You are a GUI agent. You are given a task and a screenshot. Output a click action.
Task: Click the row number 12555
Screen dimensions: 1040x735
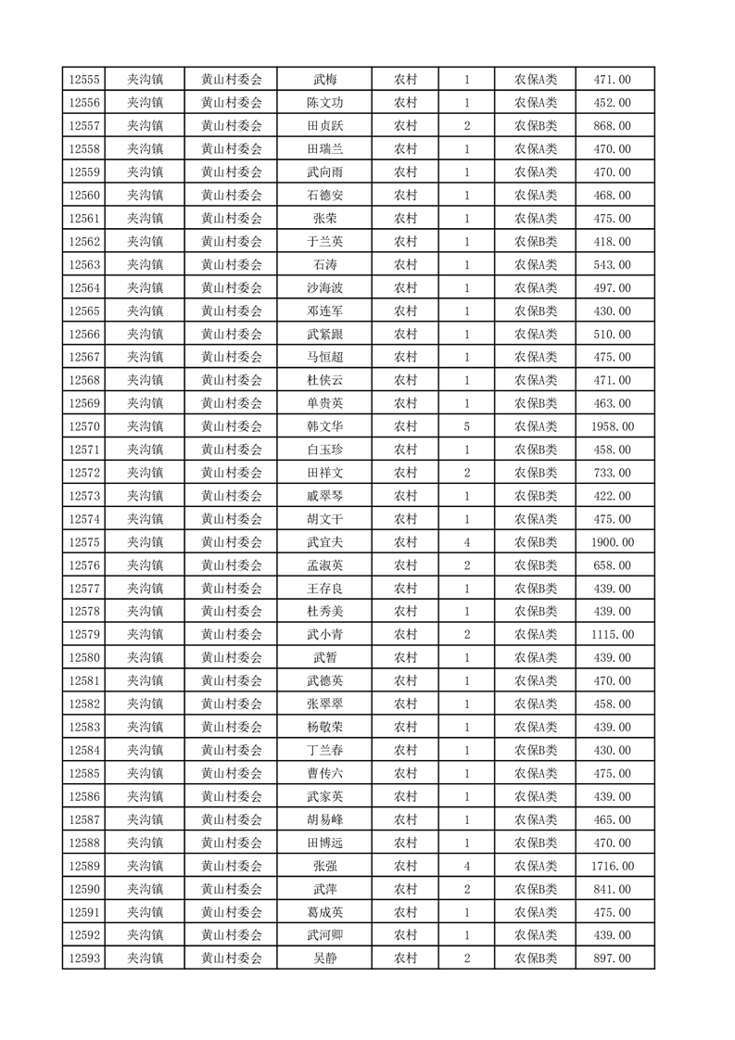point(83,80)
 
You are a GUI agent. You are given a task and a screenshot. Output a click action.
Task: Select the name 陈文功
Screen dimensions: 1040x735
point(324,103)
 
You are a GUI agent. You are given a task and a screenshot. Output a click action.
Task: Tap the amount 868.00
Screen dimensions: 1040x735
point(612,126)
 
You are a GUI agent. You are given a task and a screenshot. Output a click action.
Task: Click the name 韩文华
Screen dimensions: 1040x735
point(324,426)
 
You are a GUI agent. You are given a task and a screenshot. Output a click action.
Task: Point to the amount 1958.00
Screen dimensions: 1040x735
point(612,426)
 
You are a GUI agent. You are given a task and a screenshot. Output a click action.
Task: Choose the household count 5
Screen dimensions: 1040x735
point(466,426)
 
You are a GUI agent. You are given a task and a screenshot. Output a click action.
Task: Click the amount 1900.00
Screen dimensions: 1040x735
point(612,542)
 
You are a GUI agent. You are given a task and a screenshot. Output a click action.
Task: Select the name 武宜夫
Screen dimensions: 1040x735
point(324,542)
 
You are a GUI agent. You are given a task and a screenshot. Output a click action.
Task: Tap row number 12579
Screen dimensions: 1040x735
point(83,635)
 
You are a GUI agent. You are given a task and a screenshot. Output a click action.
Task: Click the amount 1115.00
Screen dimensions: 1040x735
point(612,635)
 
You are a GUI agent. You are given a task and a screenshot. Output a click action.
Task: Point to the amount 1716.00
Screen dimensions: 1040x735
point(612,866)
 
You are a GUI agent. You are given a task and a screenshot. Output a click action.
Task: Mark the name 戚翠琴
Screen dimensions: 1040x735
point(324,496)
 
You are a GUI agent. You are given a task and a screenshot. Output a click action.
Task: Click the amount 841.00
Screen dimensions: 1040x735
point(612,889)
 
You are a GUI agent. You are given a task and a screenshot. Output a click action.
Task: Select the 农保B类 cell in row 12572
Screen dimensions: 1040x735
point(536,473)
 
